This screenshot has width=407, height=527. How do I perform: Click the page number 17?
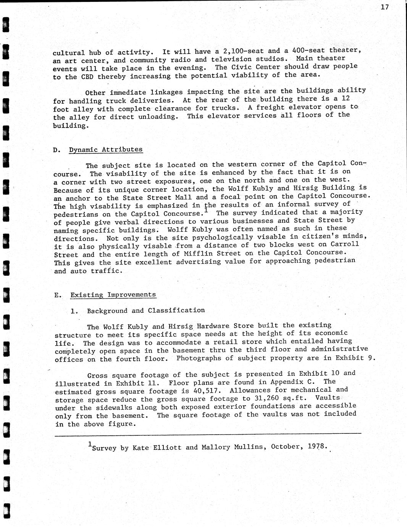(x=384, y=7)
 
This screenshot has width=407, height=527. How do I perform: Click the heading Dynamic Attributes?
(x=106, y=150)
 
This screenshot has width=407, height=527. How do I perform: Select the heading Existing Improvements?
(x=113, y=295)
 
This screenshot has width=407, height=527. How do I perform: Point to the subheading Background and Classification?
(x=146, y=310)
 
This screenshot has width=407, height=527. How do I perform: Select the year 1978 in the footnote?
(x=317, y=446)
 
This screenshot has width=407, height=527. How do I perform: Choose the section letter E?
(x=57, y=295)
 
